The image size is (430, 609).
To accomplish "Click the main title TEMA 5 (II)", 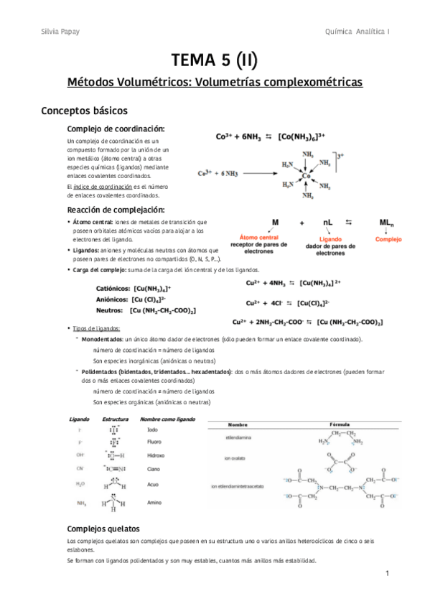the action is pyautogui.click(x=215, y=58).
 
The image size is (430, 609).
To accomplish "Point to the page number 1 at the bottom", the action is pyautogui.click(x=386, y=574).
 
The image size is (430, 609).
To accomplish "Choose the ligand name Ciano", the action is pyautogui.click(x=154, y=468).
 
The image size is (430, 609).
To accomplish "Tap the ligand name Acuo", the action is pyautogui.click(x=153, y=485).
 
